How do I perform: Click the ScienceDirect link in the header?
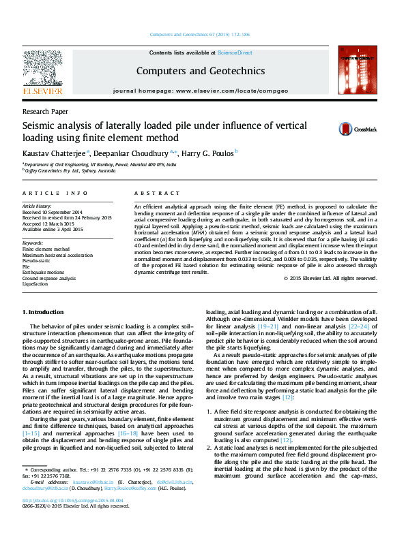[235, 52]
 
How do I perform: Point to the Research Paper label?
[45, 110]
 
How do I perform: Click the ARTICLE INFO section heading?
[55, 194]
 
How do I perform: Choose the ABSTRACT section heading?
[151, 194]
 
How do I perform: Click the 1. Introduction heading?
[43, 312]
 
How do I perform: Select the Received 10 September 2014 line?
[52, 212]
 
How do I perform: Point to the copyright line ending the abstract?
[330, 278]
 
